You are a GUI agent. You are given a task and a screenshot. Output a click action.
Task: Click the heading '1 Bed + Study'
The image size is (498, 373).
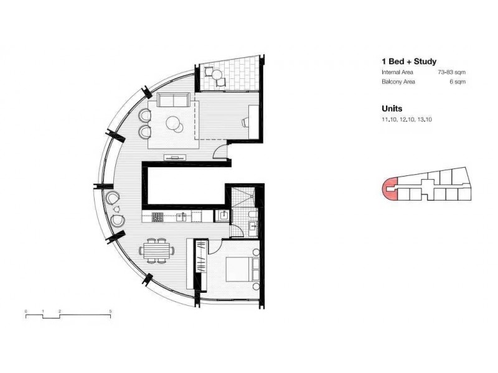point(408,62)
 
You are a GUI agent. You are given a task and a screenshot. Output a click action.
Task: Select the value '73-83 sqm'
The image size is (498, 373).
point(453,73)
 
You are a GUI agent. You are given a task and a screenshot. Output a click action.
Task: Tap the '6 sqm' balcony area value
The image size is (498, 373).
point(458,82)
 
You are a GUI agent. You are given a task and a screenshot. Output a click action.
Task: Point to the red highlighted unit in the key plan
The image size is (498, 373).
point(388,188)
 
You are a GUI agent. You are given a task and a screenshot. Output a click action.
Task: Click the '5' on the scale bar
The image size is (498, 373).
point(110,310)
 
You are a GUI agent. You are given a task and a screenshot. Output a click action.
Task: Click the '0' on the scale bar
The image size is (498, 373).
point(26,310)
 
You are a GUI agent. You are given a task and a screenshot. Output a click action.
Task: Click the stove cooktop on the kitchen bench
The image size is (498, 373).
point(157,218)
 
